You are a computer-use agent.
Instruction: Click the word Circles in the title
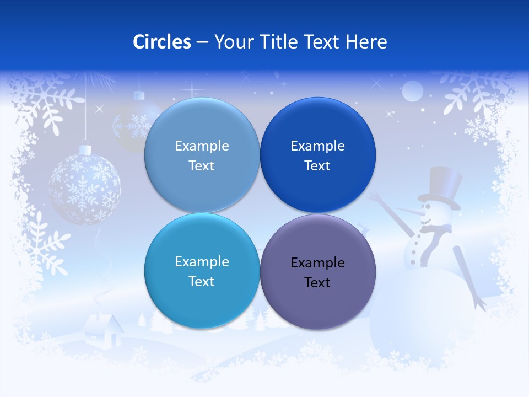pyautogui.click(x=162, y=42)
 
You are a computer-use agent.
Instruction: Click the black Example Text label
pyautogui.click(x=317, y=272)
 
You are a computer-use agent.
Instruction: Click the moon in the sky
pyautogui.click(x=412, y=92)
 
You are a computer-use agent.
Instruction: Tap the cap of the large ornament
pyautogui.click(x=85, y=149)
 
